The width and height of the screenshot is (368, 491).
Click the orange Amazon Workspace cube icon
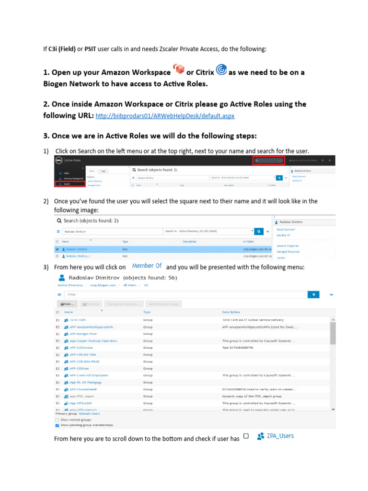click(x=178, y=70)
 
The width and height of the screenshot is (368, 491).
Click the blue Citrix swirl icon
click(x=221, y=70)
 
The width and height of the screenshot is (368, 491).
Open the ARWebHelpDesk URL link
click(x=165, y=116)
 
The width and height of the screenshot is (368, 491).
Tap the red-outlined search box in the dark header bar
click(x=268, y=161)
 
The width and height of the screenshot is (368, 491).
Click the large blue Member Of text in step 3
click(x=147, y=266)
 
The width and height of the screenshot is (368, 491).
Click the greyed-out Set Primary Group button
click(x=163, y=304)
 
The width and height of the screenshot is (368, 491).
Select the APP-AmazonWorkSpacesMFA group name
click(x=91, y=327)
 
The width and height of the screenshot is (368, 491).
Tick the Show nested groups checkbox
click(x=58, y=420)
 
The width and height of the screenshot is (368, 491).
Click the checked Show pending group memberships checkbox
click(x=58, y=425)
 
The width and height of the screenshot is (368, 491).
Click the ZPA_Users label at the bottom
click(x=280, y=436)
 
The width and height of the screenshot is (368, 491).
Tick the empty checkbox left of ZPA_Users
click(x=246, y=436)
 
